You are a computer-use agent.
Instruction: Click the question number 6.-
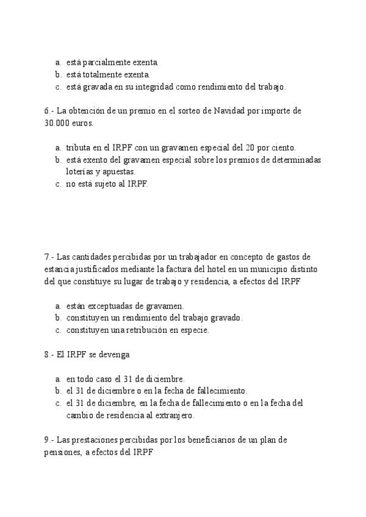point(49,112)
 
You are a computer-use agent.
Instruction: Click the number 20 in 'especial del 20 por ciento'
point(253,148)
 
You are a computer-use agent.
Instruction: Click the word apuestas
point(120,172)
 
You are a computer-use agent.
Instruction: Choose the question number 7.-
point(49,257)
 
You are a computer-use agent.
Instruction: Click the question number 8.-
point(49,354)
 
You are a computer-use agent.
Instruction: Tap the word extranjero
point(173,416)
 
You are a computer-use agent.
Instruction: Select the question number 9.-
point(49,440)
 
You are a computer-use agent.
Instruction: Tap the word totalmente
point(105,74)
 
